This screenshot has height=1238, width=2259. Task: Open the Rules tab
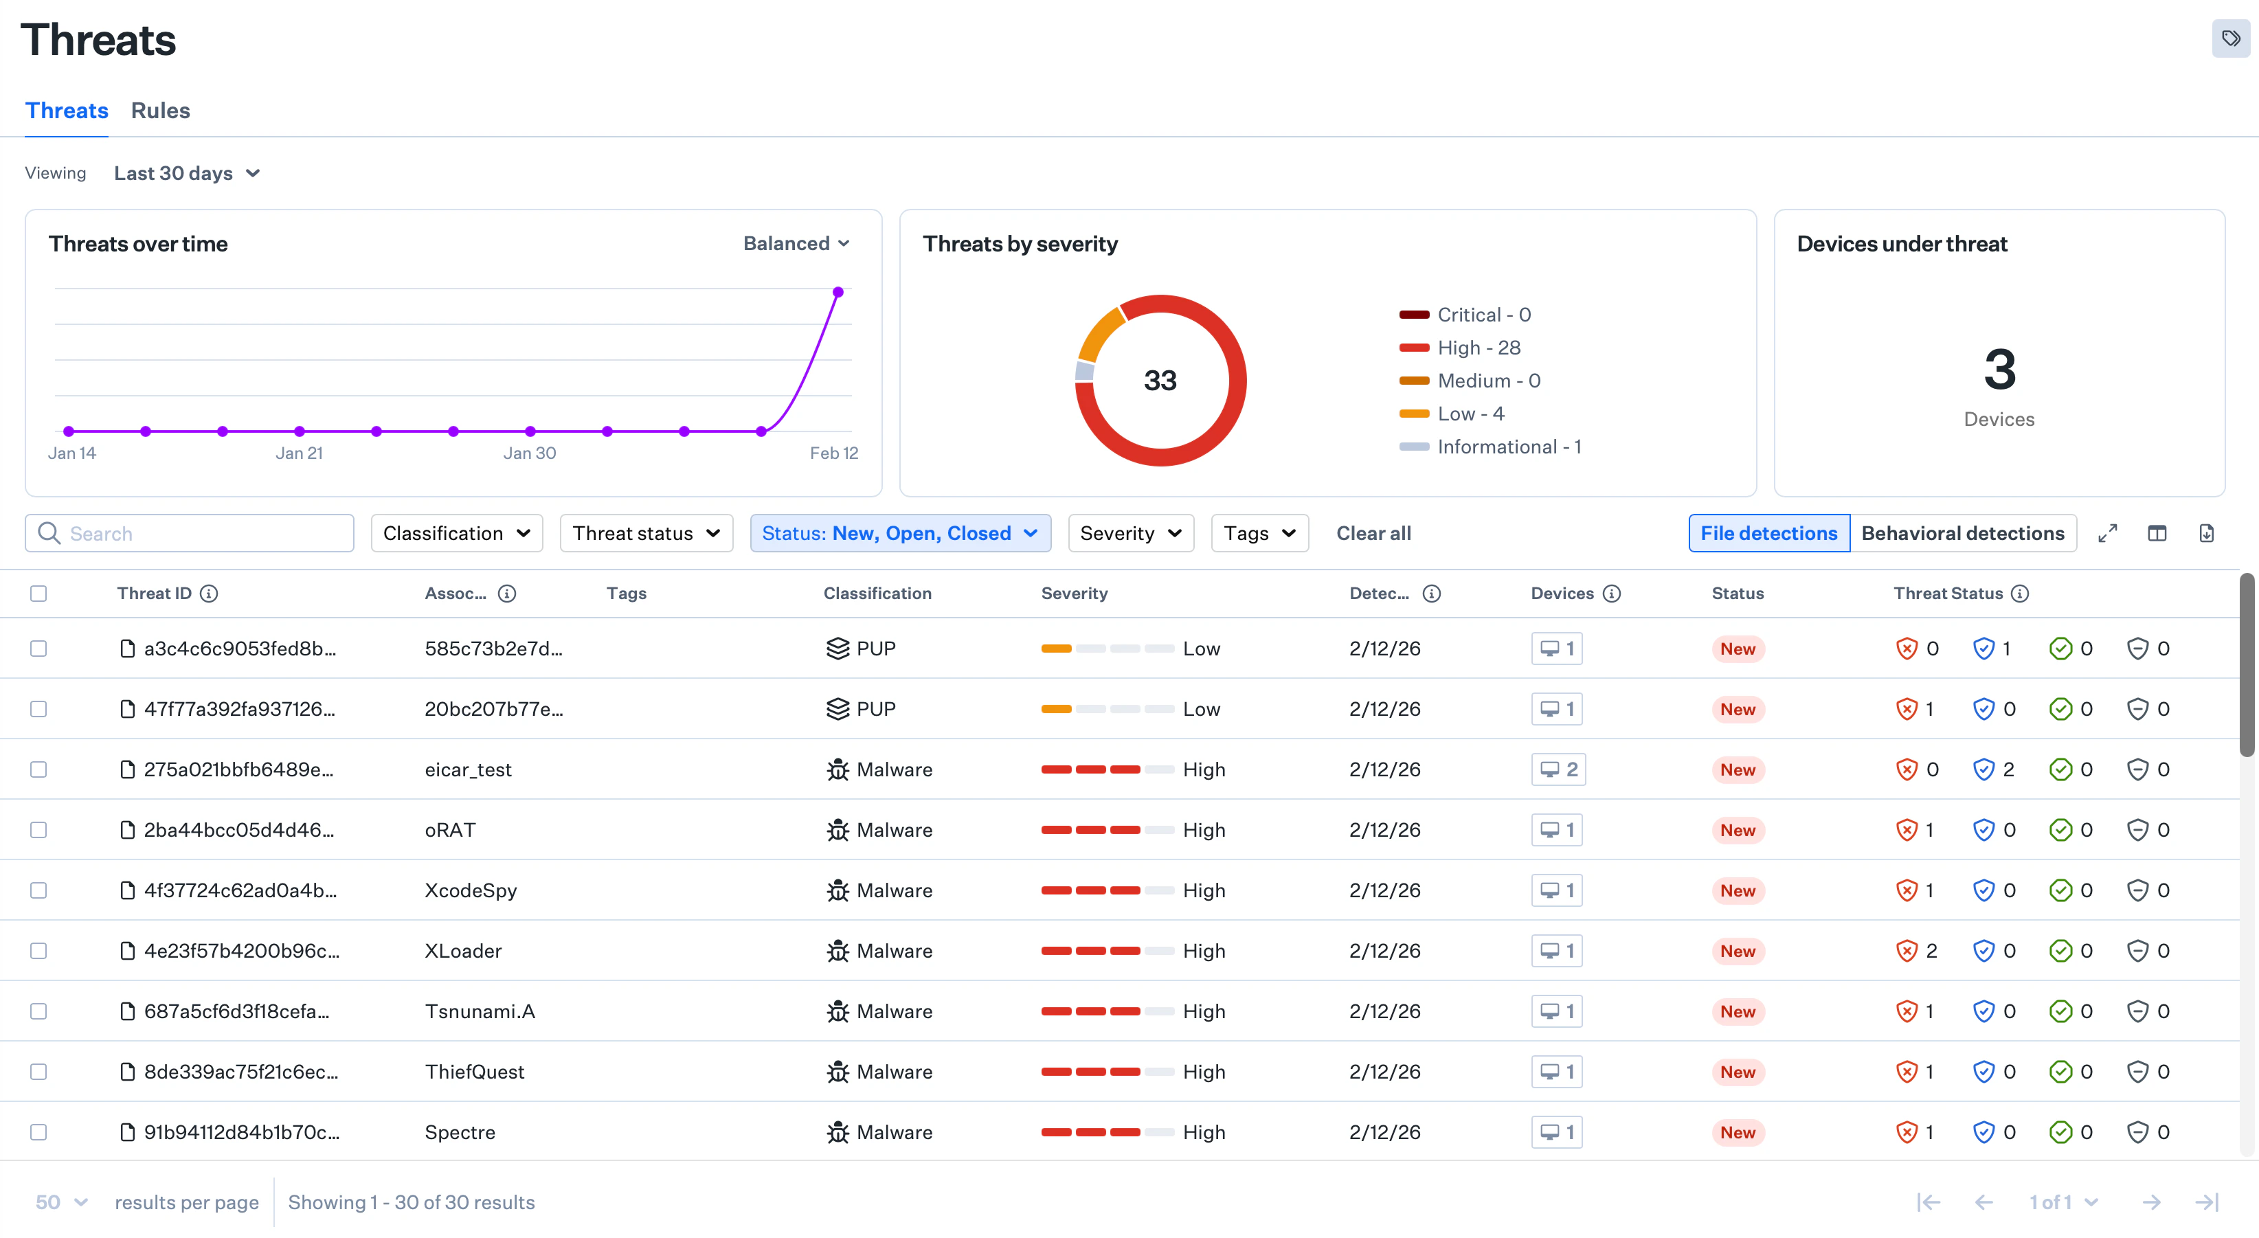[x=161, y=111]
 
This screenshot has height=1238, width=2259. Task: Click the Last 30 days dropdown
[x=187, y=174]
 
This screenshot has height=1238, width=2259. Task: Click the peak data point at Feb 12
[x=838, y=292]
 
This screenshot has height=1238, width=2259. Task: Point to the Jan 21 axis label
[x=299, y=453]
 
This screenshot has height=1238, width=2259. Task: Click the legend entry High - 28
[x=1478, y=348]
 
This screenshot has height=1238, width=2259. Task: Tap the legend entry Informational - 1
[x=1507, y=447]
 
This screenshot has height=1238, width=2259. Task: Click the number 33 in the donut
[x=1159, y=381]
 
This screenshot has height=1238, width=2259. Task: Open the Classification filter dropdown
[x=456, y=533]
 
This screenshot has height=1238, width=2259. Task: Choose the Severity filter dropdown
[x=1130, y=533]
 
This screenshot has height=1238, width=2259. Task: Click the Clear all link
[x=1373, y=533]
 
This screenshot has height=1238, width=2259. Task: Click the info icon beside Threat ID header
[x=209, y=594]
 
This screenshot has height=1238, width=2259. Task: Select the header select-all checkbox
[x=38, y=594]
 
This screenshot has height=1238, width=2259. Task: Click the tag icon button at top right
[x=2230, y=38]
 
